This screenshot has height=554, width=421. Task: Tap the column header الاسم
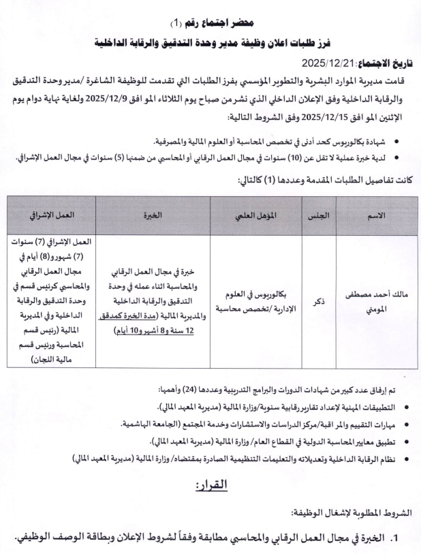[x=376, y=215]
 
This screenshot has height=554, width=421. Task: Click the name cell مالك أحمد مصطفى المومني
[x=376, y=300]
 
